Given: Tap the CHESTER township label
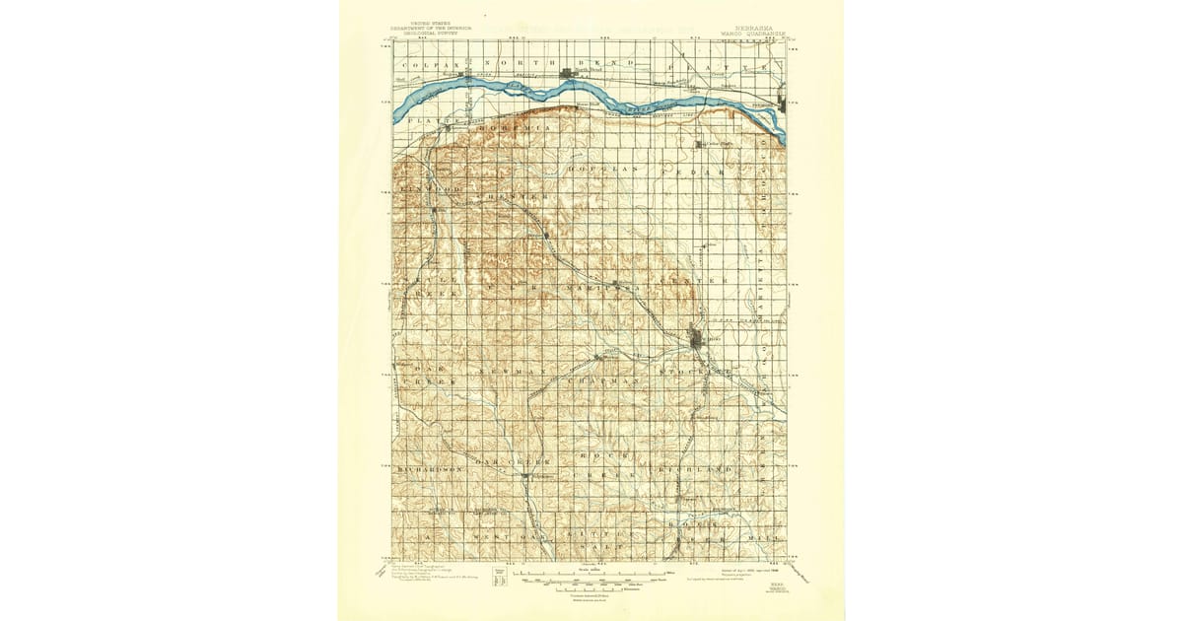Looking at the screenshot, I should click(x=517, y=197).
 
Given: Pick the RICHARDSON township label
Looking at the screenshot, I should click(x=430, y=471).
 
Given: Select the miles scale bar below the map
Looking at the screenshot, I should click(x=591, y=572).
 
